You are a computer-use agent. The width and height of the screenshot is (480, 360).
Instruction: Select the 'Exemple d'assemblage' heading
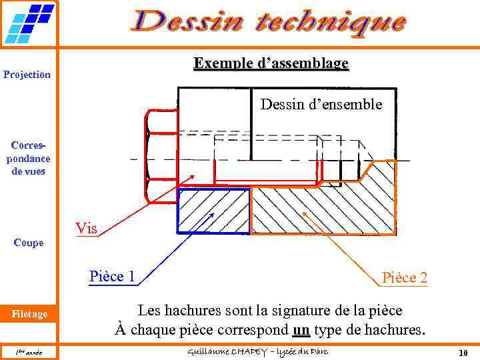tap(271, 63)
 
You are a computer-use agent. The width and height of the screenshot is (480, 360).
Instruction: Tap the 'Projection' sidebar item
tap(27, 74)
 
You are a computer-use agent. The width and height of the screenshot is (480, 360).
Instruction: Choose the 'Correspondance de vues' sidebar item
tap(27, 158)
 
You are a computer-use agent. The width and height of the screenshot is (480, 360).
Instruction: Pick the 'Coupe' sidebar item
tap(27, 243)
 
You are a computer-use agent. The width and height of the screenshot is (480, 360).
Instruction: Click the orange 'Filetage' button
tap(28, 314)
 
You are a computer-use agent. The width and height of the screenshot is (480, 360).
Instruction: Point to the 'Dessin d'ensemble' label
tap(321, 105)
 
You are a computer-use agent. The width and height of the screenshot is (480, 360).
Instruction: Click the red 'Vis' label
tap(86, 229)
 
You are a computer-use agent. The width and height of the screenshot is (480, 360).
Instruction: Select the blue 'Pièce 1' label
tap(113, 276)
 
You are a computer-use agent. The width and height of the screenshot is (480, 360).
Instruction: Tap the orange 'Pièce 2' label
tap(404, 277)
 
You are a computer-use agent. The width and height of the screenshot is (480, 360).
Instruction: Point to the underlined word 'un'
tap(301, 329)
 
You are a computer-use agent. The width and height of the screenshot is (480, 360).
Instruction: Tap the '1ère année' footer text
tap(29, 352)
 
